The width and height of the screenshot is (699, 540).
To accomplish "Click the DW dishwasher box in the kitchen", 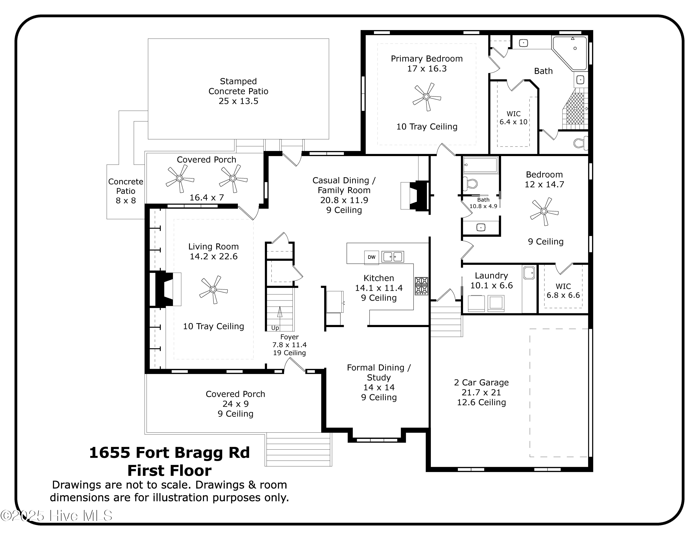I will pyautogui.click(x=371, y=257).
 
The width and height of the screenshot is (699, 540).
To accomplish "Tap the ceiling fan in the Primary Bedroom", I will pyautogui.click(x=426, y=97).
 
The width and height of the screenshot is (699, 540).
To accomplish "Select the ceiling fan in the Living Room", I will pyautogui.click(x=213, y=290).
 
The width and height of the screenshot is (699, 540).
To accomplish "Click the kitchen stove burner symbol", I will pyautogui.click(x=421, y=286).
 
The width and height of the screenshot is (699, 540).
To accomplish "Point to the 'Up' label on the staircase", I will pyautogui.click(x=275, y=328).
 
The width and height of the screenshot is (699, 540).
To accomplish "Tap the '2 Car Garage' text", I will pyautogui.click(x=481, y=383).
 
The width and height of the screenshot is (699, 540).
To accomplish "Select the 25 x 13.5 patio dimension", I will pyautogui.click(x=238, y=101).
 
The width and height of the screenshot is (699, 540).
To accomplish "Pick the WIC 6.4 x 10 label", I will pyautogui.click(x=513, y=118).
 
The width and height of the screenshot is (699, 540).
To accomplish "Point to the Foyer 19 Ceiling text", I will pyautogui.click(x=289, y=353).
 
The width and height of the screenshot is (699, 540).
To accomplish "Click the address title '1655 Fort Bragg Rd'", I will pyautogui.click(x=169, y=453).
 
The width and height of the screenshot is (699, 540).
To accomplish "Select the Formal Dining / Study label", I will pyautogui.click(x=379, y=373).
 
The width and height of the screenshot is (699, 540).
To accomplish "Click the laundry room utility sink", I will pyautogui.click(x=528, y=273).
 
